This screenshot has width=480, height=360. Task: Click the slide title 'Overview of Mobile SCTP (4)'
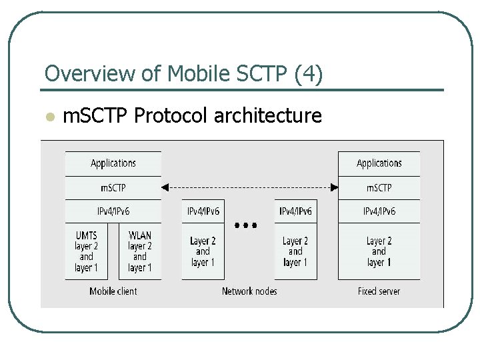coord(183,74)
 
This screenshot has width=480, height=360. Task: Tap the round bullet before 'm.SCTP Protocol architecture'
coord(48,117)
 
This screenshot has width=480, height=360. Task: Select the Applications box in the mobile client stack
coord(113,164)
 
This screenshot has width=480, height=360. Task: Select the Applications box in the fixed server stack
coord(379,164)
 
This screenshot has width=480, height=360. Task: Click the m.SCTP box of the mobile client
coord(113,188)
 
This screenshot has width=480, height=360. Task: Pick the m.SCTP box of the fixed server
coord(379,188)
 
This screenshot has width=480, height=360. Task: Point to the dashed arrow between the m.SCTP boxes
coord(249,187)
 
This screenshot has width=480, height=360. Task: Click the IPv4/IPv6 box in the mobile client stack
coord(113,211)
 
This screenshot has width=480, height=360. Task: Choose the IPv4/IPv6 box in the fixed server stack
coord(379,211)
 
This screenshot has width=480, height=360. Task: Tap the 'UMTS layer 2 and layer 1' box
coord(87,251)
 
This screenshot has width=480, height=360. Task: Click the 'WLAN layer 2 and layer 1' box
coord(140,251)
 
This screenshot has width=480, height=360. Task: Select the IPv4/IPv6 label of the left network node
coord(203,211)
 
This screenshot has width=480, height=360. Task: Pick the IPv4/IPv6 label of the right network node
coord(295,211)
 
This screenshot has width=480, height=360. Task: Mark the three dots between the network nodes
coord(246,225)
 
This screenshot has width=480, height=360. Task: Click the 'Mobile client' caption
coord(113,291)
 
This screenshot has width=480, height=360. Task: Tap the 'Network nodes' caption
coord(249,291)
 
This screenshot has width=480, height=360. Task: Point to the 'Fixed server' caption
coord(379,291)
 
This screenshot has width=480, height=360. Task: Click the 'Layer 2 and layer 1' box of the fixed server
coord(379,251)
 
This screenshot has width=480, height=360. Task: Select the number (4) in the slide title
coord(308,74)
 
